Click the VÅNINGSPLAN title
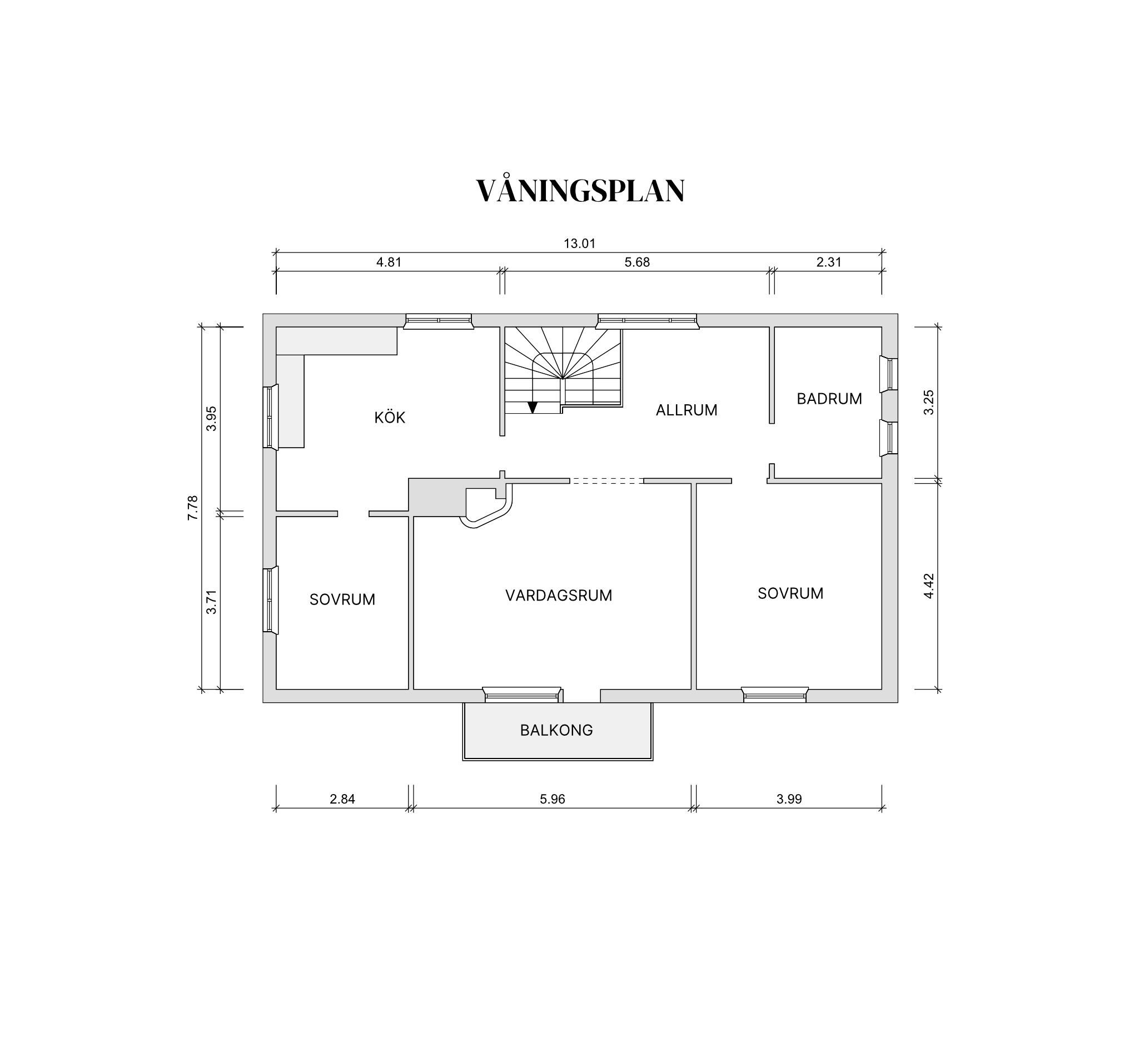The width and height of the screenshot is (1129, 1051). (x=580, y=191)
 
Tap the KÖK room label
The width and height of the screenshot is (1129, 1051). (x=390, y=418)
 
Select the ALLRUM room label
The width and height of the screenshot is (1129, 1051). (x=687, y=410)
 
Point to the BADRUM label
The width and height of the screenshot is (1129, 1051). (x=829, y=399)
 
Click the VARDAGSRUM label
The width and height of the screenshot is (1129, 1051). (x=559, y=596)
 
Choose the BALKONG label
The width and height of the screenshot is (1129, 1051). (x=556, y=730)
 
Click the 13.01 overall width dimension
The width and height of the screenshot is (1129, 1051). (x=579, y=244)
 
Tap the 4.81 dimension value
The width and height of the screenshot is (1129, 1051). (x=389, y=262)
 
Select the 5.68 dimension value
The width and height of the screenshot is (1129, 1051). (x=637, y=262)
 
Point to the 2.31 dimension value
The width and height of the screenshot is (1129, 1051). (x=829, y=262)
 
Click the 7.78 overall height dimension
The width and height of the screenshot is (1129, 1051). (x=193, y=508)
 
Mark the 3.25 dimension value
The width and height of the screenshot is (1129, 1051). (x=928, y=402)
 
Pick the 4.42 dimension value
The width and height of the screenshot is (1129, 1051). (x=928, y=586)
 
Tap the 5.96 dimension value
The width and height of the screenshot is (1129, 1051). (x=553, y=799)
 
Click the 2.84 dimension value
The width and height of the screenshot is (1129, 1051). (x=342, y=799)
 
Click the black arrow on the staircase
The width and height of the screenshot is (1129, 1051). (x=533, y=406)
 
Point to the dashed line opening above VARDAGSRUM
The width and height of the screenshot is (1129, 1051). (x=606, y=480)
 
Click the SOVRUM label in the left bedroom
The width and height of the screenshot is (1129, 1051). (x=342, y=599)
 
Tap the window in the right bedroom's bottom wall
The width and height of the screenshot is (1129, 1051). (x=775, y=694)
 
